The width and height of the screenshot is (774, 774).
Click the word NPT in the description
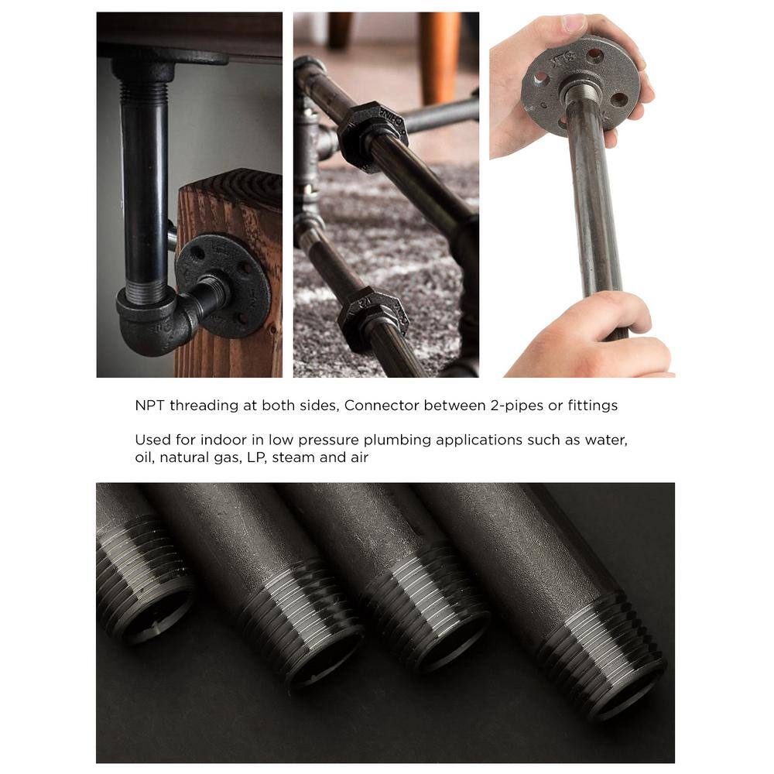pyautogui.click(x=150, y=406)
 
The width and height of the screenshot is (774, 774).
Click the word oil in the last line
pyautogui.click(x=144, y=457)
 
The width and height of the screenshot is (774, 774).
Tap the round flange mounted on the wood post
pyautogui.click(x=224, y=286)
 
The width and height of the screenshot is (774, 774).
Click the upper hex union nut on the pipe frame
pyautogui.click(x=372, y=133)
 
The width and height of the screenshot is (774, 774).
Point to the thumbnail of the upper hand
pyautogui.click(x=573, y=23)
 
